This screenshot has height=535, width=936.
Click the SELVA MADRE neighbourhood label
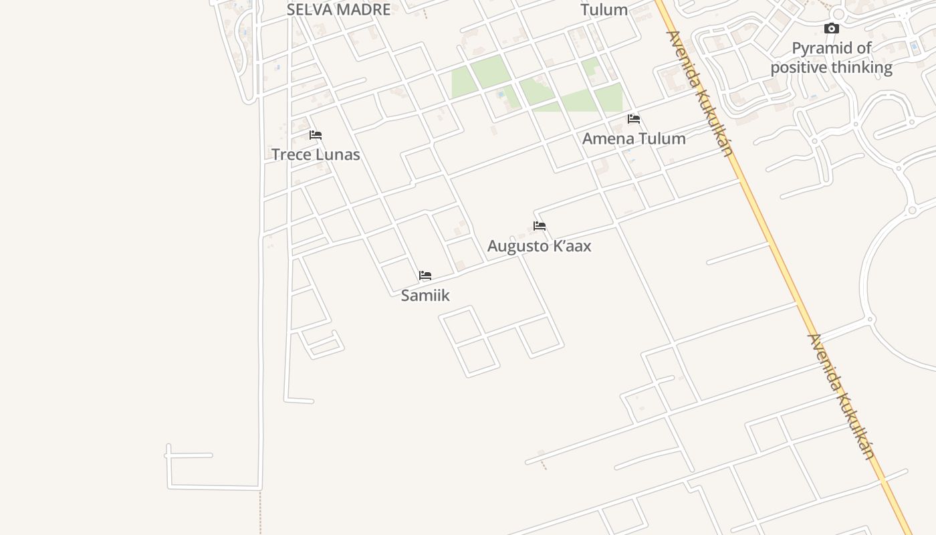(338, 9)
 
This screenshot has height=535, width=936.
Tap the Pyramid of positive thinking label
(831, 58)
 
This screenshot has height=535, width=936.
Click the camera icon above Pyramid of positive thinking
(831, 28)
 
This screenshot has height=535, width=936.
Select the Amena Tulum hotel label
(634, 138)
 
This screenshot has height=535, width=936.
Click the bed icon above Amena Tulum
(634, 119)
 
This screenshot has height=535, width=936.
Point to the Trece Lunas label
(316, 154)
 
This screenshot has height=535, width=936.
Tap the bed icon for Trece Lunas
(316, 135)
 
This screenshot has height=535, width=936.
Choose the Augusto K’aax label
(539, 245)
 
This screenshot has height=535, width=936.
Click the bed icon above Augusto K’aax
(540, 226)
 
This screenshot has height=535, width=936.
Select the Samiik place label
(425, 295)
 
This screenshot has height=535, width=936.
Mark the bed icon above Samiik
(425, 276)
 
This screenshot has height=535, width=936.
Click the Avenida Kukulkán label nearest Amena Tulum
(700, 94)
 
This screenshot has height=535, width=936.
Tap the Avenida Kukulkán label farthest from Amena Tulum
(841, 397)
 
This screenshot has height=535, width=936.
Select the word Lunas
(338, 154)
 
